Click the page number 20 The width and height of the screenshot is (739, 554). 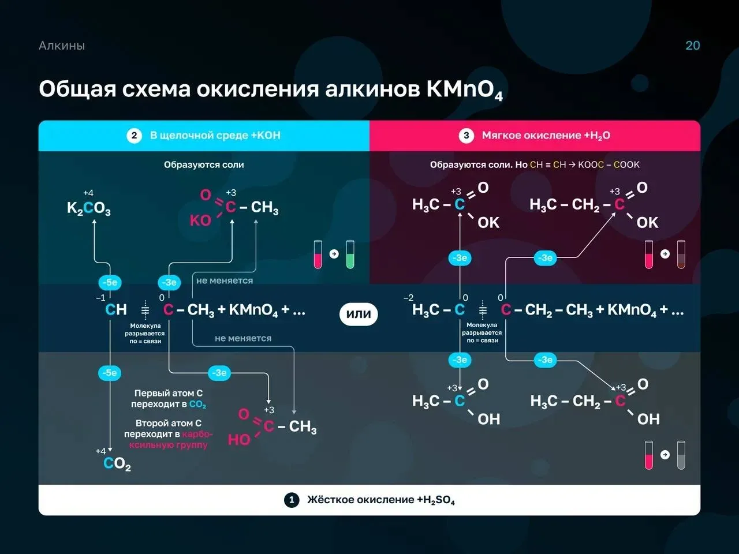click(x=693, y=46)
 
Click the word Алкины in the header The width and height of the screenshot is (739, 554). click(x=62, y=46)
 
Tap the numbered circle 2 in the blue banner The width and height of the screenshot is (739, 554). click(x=134, y=136)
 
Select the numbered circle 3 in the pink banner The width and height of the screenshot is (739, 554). click(x=466, y=136)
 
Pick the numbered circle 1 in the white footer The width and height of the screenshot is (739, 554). click(x=292, y=500)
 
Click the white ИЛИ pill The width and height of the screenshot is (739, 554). click(x=359, y=314)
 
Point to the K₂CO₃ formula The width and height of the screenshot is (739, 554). click(x=88, y=208)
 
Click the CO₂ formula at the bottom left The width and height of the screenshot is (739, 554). click(x=117, y=463)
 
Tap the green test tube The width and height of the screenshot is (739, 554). click(x=350, y=254)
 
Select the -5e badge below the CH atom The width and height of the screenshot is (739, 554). click(x=110, y=373)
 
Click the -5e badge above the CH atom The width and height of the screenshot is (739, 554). click(x=110, y=282)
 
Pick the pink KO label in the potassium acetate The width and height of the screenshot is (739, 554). click(x=200, y=220)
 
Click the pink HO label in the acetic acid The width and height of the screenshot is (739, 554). click(x=239, y=440)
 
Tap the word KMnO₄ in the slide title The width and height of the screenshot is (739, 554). click(x=464, y=90)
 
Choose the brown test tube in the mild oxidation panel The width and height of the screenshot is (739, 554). click(x=681, y=254)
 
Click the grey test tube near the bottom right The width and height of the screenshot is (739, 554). click(x=681, y=455)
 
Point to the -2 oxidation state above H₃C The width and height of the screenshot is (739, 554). click(x=408, y=298)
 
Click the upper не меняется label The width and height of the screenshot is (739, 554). click(x=225, y=280)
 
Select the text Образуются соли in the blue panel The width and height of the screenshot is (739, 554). click(x=204, y=165)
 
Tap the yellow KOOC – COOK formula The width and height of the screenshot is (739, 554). click(x=609, y=165)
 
